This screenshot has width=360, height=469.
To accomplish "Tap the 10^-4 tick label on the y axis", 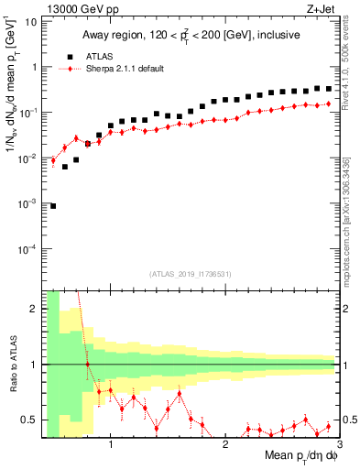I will [x=27, y=249].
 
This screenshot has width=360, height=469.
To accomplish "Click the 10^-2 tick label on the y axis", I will [x=27, y=158].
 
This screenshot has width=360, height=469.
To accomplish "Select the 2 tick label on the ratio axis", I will [x=35, y=309].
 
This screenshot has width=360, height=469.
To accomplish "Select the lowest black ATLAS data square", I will [x=53, y=206].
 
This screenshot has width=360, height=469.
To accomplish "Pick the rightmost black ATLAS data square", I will [x=328, y=89].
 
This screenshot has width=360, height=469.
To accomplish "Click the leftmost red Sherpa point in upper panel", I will [x=53, y=160].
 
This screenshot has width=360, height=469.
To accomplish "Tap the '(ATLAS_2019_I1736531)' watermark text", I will [x=190, y=273].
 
